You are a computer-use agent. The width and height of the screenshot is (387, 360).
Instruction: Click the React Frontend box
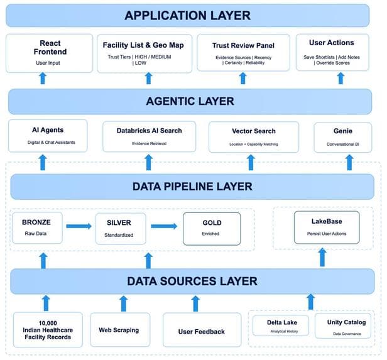pos(50,53)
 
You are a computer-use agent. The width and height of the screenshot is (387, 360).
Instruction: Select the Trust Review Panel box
pos(243,53)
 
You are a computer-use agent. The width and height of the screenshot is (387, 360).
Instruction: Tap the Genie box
pos(343,138)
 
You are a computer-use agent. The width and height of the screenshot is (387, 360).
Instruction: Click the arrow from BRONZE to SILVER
pos(79,226)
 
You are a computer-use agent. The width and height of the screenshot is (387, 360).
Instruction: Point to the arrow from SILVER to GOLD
pos(164,226)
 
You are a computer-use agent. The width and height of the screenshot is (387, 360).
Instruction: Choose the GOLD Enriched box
pos(212,229)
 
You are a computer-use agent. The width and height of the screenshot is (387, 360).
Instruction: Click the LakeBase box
pos(327,227)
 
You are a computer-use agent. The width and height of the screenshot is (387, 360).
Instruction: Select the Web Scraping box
pos(120,330)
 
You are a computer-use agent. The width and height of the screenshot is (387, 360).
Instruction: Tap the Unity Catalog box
pos(343,325)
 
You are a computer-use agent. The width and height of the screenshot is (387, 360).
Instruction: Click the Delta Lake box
pos(281,325)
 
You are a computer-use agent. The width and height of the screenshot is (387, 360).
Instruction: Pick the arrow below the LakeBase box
pos(322,257)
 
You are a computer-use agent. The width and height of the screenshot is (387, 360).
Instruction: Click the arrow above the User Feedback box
pos(195,303)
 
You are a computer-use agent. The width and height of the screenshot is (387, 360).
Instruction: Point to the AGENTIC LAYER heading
pos(190,101)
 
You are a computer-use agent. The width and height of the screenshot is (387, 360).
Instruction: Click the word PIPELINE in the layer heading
pos(189,187)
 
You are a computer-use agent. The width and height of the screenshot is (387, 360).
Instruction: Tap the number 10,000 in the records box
pos(48,323)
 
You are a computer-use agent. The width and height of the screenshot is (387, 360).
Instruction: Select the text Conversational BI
pos(343,144)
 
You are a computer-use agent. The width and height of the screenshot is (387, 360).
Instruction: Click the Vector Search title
pos(254,131)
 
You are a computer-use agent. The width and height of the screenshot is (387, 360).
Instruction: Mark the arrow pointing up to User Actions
pos(341,78)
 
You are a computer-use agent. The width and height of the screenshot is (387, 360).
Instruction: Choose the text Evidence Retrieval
pos(149,144)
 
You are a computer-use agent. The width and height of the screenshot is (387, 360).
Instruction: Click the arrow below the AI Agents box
pos(43,162)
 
